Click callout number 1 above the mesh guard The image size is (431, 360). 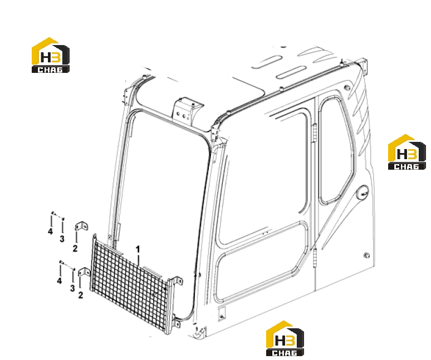click(x=138, y=250)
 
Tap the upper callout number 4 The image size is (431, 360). click(x=50, y=231)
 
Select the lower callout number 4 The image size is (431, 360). click(x=60, y=280)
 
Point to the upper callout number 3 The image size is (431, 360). click(x=62, y=239)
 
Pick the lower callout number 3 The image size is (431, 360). click(x=72, y=288)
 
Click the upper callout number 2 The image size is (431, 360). click(x=75, y=249)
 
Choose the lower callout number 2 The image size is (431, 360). click(x=81, y=295)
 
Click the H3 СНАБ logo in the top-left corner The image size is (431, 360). click(x=51, y=55)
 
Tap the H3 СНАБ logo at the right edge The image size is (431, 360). click(x=407, y=152)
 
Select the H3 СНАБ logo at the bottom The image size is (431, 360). click(x=285, y=338)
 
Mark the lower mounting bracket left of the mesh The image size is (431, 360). click(x=85, y=272)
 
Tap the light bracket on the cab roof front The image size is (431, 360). click(x=187, y=111)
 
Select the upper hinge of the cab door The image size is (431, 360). click(x=314, y=132)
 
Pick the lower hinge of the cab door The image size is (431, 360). click(x=315, y=257)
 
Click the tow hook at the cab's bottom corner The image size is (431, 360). click(x=200, y=332)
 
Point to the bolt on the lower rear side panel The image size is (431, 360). click(x=366, y=255)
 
